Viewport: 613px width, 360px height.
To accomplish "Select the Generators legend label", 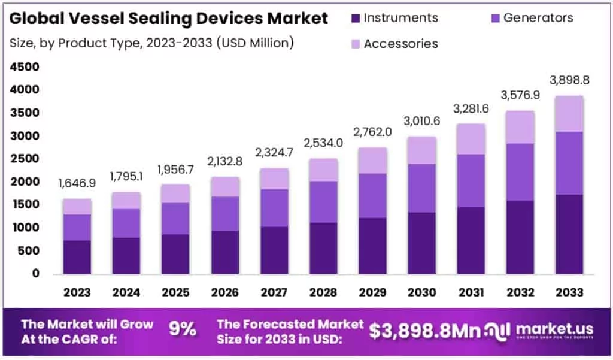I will point(538,18).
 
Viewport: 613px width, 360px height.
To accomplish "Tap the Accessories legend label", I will point(400,44).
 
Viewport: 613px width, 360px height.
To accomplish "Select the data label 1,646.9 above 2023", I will point(77,183).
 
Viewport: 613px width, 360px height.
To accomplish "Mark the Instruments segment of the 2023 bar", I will point(77,257).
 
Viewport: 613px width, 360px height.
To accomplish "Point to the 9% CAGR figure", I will point(182,329).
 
